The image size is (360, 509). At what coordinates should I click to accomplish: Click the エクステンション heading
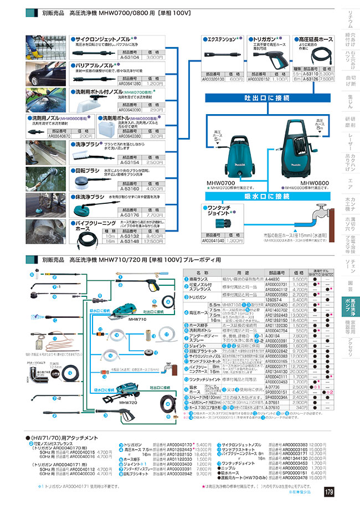tap(219, 40)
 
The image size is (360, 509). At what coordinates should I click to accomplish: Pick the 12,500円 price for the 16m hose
tap(155, 241)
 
